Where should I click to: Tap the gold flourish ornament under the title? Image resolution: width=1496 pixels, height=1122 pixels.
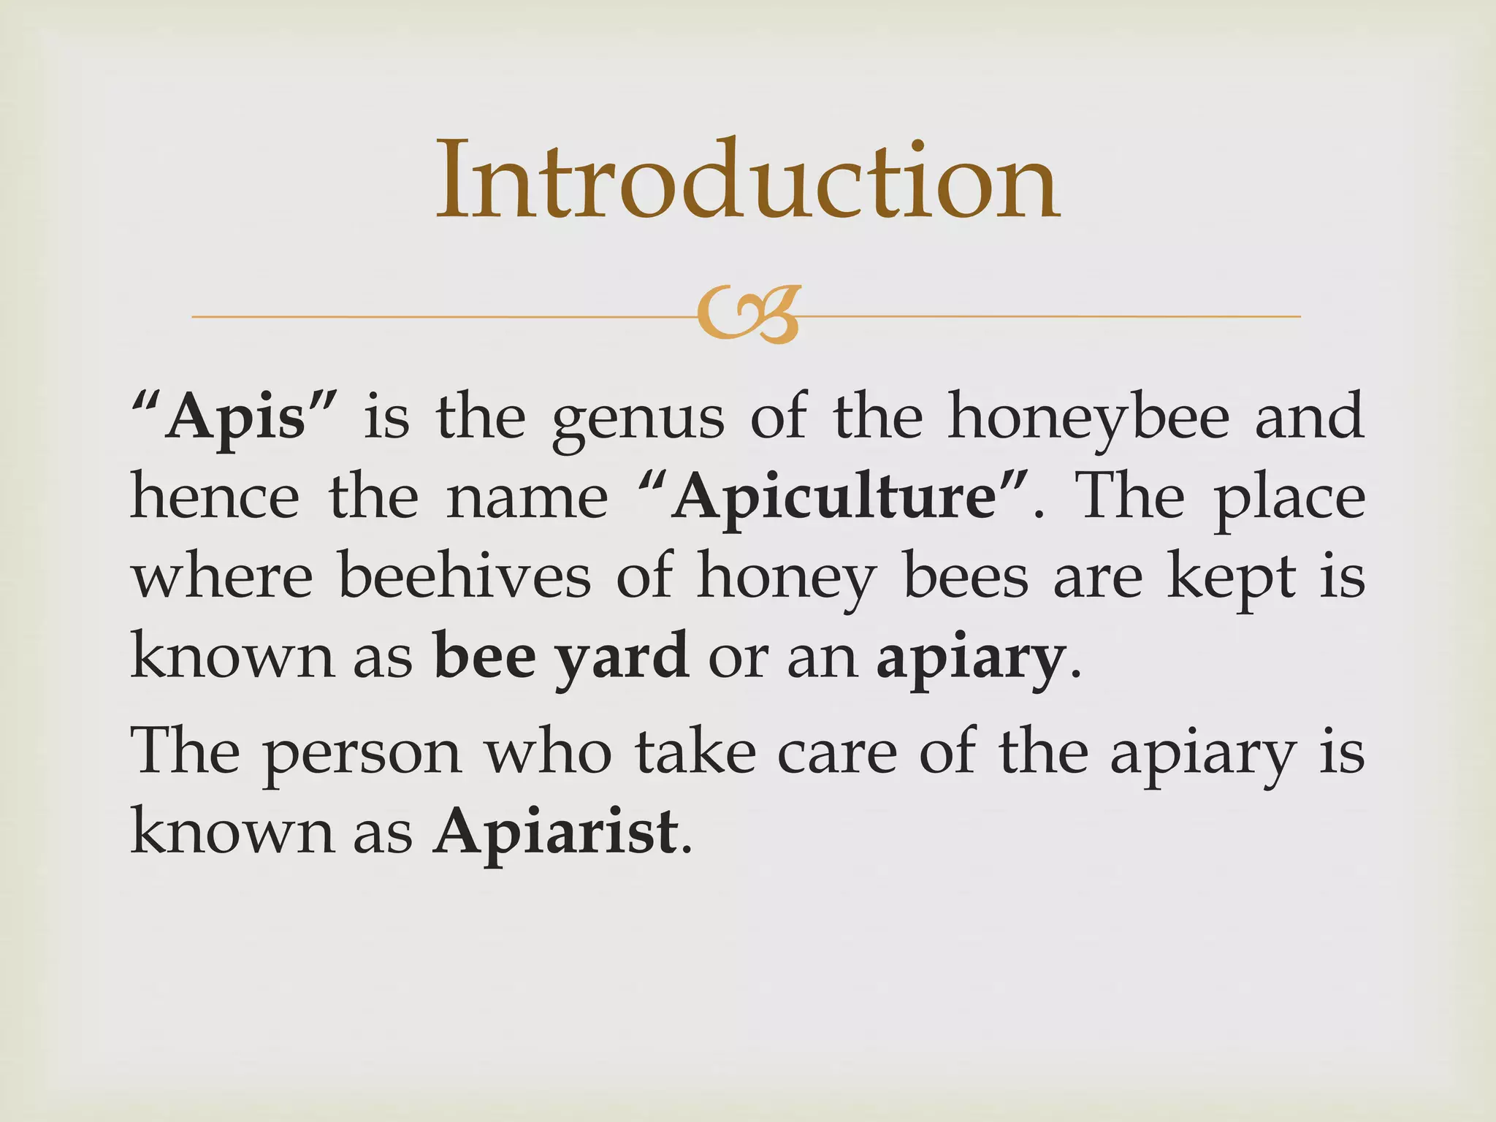point(747,315)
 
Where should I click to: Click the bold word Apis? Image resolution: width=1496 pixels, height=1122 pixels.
point(234,417)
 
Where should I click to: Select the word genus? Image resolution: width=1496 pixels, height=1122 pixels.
point(638,420)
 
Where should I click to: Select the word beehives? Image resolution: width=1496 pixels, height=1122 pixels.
point(465,577)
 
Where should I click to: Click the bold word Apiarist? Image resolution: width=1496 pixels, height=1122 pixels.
point(555,832)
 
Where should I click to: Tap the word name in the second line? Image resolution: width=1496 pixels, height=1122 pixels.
point(527,498)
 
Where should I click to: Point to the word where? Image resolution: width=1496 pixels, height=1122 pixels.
point(222,577)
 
